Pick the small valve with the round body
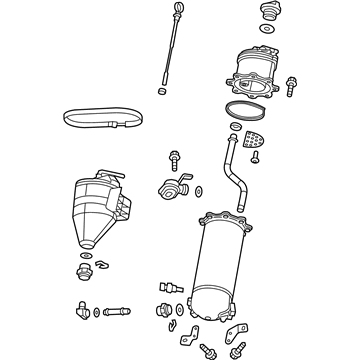tap(170, 188)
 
